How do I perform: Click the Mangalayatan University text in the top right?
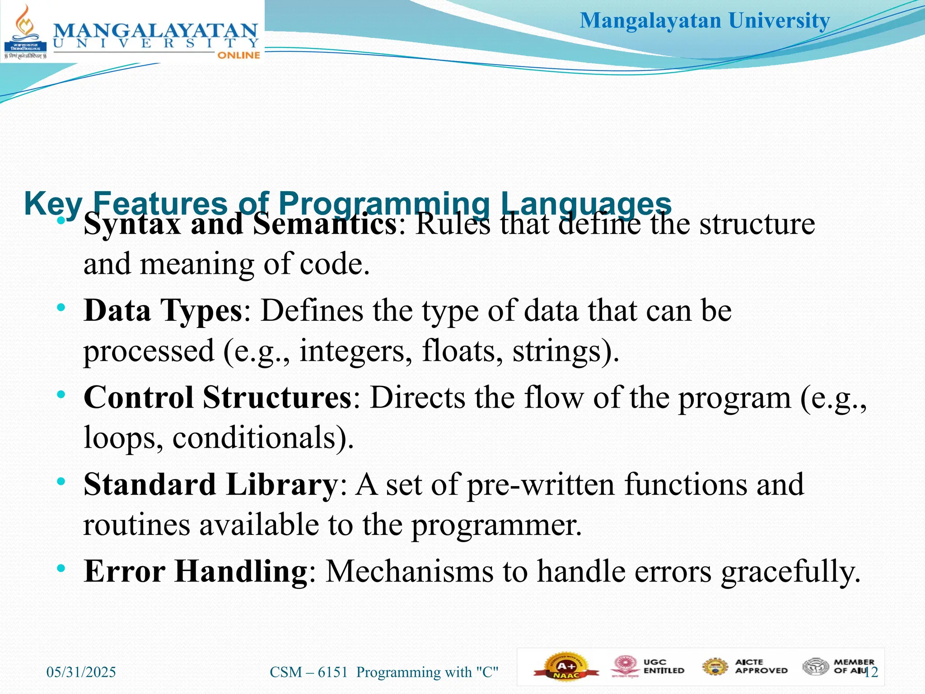pos(705,21)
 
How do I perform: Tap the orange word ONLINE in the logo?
pos(238,55)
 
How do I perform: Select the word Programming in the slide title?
pos(384,203)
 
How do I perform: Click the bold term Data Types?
pos(163,311)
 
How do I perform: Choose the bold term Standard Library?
pos(210,484)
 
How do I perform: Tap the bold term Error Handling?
pos(196,571)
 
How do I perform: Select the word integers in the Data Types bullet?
pos(355,351)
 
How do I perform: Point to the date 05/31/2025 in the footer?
pos(81,672)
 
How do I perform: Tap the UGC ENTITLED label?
pos(663,666)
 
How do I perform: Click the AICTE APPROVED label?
pos(761,666)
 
